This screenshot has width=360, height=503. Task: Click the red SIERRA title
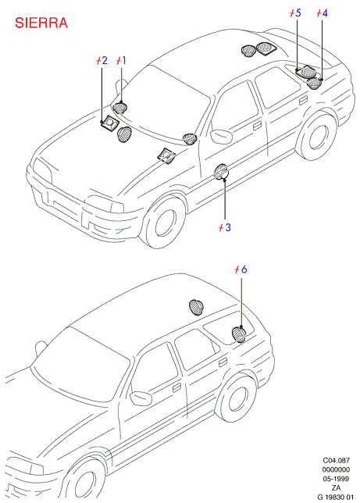pos(41,23)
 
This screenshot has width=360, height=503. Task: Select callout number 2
pos(104,60)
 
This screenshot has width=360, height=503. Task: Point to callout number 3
pos(228,227)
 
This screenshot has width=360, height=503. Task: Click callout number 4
pos(325,13)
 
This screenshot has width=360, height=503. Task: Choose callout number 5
pos(298,13)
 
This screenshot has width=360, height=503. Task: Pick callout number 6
pos(244,269)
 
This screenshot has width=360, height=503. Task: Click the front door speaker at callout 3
pos(222,172)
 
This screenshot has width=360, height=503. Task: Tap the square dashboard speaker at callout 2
pos(109,122)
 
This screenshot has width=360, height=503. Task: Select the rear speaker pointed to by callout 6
pos(238,334)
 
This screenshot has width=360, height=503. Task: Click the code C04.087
pos(336,460)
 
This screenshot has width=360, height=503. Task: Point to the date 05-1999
pos(336,479)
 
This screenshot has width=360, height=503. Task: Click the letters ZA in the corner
pos(336,488)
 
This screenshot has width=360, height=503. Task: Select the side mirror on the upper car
pos(222,136)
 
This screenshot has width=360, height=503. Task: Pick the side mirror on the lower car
pos(141,398)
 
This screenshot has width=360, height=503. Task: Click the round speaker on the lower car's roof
pos(196,307)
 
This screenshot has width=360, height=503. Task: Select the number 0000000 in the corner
pos(336,469)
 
